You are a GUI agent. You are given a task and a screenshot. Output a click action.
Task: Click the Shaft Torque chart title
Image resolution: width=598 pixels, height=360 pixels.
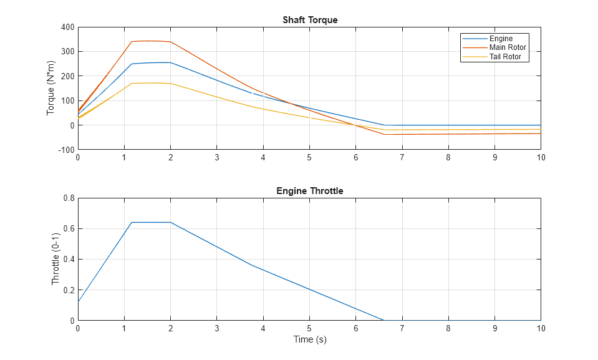point(310,20)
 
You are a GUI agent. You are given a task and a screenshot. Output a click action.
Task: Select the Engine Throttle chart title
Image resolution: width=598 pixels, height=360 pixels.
point(310,191)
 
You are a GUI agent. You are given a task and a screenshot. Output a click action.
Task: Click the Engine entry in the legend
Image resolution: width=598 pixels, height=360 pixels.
point(501,39)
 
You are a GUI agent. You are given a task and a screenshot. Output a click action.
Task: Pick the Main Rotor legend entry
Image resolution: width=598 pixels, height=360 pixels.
point(508,47)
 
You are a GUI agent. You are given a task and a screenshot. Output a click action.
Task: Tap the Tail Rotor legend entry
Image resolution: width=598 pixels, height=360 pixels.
point(505,57)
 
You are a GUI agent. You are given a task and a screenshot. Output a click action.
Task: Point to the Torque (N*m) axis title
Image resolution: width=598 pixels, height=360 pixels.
point(51,89)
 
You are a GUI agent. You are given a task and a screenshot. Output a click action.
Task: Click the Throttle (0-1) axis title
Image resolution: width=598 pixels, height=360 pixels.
point(55,260)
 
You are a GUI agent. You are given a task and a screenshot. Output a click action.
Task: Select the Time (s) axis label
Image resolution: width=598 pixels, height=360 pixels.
point(310,339)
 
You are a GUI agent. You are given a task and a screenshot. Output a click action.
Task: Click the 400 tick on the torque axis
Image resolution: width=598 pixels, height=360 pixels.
point(67,27)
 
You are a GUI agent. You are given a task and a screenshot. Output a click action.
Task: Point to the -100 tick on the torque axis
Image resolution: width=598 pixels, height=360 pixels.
point(65,150)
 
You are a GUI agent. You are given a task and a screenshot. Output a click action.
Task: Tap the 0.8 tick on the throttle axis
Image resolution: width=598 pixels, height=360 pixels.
point(69,198)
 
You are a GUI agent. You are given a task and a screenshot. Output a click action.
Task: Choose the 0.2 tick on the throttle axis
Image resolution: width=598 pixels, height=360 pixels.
point(69,290)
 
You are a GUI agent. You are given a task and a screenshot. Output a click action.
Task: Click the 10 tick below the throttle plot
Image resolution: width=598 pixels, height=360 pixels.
point(541,328)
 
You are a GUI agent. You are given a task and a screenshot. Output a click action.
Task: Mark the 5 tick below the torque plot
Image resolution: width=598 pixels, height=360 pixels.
point(309,157)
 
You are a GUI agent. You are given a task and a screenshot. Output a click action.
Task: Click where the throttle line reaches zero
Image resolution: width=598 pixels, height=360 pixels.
point(383,320)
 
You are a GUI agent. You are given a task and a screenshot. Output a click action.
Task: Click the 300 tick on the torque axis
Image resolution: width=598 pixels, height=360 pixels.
point(67,52)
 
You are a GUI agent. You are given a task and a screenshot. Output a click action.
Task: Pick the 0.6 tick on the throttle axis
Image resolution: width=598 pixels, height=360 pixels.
point(69,229)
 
